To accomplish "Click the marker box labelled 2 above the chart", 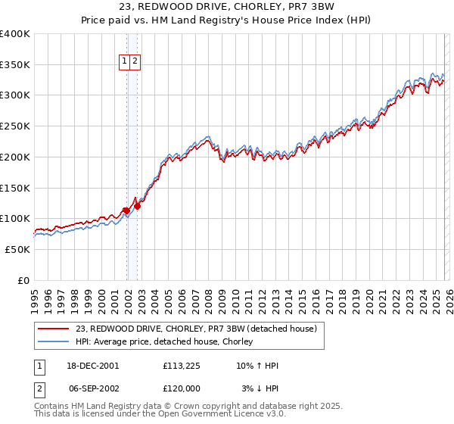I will tap(134, 63).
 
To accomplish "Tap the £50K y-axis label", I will tap(18, 249).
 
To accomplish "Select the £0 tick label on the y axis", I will tap(24, 280).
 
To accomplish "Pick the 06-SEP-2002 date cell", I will tap(92, 388).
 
